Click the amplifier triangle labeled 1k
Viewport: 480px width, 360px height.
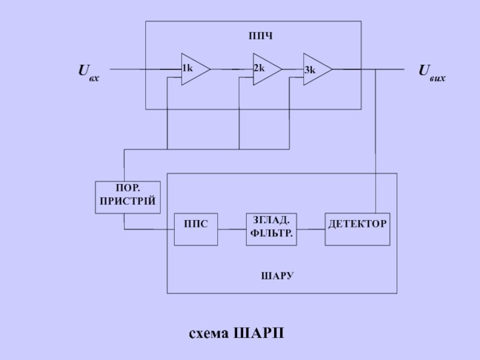point(194,69)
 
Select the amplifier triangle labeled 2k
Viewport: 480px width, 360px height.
point(266,69)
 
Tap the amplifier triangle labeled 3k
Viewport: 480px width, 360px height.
point(316,70)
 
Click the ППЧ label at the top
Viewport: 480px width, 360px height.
point(260,37)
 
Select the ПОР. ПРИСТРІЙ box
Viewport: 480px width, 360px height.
point(128,197)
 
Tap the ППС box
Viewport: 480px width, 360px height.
point(196,229)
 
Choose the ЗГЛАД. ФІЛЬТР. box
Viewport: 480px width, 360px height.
point(272,229)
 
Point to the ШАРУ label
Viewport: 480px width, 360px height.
point(277,276)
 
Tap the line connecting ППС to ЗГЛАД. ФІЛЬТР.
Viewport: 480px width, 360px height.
point(232,229)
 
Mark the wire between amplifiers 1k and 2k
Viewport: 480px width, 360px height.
point(231,69)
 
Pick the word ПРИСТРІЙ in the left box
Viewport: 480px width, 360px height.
point(128,203)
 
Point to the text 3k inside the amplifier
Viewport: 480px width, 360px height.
point(310,70)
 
